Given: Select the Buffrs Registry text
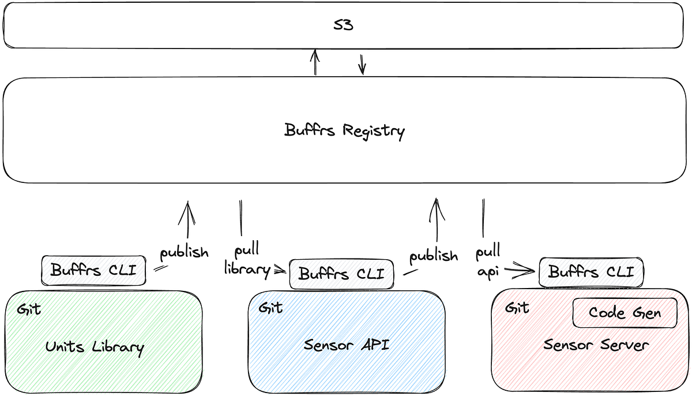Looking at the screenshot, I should click(x=345, y=130).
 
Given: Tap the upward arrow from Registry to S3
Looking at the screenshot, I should click(x=315, y=62).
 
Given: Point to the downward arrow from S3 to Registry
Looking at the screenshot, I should click(x=362, y=65).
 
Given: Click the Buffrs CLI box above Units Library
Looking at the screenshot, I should click(x=93, y=270).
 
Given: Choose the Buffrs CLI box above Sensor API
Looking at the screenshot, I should click(x=341, y=274).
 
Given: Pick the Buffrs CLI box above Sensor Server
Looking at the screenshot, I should click(x=591, y=272).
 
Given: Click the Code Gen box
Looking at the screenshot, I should click(x=625, y=313).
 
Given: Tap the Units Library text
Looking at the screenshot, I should click(x=95, y=347).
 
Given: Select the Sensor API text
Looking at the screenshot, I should click(x=347, y=345).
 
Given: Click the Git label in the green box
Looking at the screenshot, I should click(x=29, y=309).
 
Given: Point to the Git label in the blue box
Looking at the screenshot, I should click(x=270, y=308).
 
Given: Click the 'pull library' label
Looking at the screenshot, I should click(x=247, y=260).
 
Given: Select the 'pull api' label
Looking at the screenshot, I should click(x=488, y=263).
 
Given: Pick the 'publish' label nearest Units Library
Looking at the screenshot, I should click(x=184, y=253).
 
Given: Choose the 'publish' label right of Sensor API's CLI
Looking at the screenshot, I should click(x=433, y=256).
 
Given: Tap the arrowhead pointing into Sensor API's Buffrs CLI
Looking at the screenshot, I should click(x=282, y=268).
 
